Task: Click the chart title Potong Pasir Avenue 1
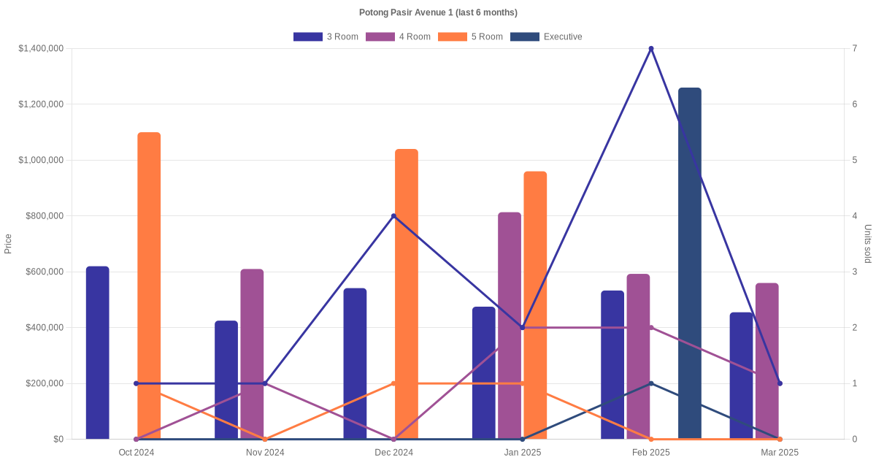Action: click(438, 12)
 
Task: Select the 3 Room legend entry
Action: click(326, 37)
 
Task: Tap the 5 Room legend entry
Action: click(470, 37)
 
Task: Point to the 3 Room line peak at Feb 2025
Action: click(651, 49)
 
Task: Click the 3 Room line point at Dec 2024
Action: click(393, 216)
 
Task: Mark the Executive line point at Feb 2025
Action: click(651, 383)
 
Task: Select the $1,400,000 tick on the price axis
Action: click(42, 49)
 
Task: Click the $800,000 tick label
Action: click(45, 216)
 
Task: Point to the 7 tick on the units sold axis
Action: click(854, 49)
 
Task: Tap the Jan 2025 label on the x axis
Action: click(523, 453)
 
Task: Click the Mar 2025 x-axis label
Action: click(780, 453)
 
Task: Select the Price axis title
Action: click(8, 244)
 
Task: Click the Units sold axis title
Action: click(868, 244)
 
